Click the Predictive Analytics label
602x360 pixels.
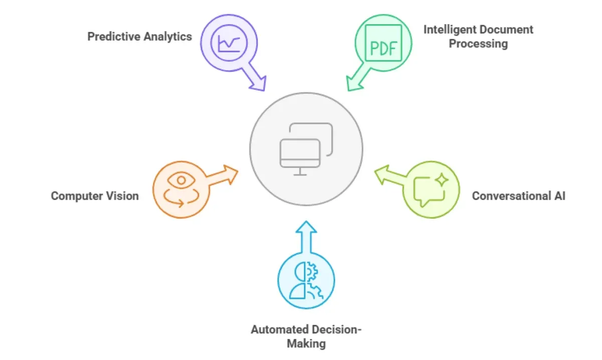coord(139,37)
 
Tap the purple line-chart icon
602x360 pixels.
coord(229,43)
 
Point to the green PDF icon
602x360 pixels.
coord(383,43)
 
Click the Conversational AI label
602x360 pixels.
coord(518,196)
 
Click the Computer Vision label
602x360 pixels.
coord(95,196)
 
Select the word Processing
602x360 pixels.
coord(478,44)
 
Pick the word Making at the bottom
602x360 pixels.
coord(306,344)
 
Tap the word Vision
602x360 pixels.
coord(121,196)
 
